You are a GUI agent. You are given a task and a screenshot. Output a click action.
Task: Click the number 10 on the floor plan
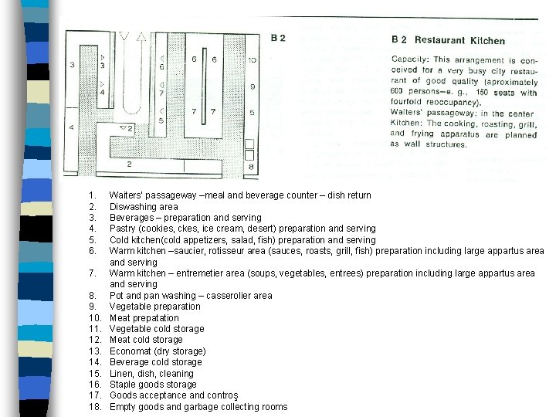tap(252, 60)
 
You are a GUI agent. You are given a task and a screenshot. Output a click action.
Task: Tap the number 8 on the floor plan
tap(252, 167)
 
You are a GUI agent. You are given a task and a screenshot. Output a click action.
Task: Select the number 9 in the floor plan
tap(253, 86)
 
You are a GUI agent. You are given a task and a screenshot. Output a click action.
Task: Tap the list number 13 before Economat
tap(95, 351)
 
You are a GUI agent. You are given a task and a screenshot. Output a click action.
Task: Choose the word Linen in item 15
tap(122, 373)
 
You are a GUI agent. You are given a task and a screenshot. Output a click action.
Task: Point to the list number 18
tap(95, 407)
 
